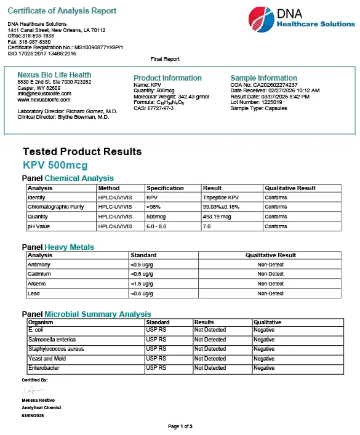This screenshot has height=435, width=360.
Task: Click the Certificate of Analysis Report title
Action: coord(62,11)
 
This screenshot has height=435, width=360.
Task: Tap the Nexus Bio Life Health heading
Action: coord(54,75)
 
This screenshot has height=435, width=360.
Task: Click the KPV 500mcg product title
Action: coord(55,165)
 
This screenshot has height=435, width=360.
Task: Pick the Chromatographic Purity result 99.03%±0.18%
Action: coord(226,207)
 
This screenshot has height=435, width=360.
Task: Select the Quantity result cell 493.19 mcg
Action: coord(218,217)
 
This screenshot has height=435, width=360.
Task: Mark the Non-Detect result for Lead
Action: coord(271,293)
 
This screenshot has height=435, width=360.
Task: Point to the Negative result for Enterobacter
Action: coord(264,368)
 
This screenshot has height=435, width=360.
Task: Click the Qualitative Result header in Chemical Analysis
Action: coord(290,188)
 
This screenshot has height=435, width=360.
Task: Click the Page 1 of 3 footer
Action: coord(180,426)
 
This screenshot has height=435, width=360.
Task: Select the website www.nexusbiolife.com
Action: coord(44,100)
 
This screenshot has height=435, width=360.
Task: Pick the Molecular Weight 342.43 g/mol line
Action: coord(171,97)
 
